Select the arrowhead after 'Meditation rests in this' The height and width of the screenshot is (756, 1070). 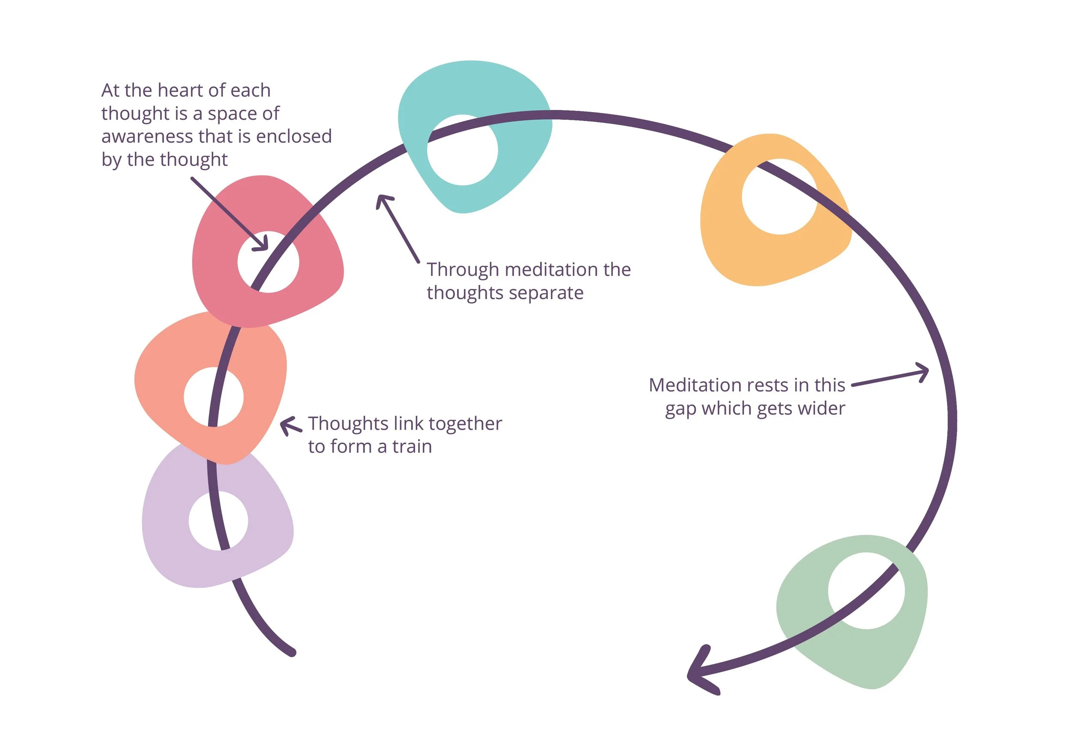923,372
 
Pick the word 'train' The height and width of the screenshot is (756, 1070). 412,447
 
